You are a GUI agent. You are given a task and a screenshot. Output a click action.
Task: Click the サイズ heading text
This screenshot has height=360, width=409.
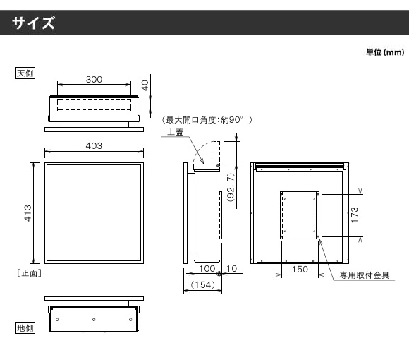[33, 23]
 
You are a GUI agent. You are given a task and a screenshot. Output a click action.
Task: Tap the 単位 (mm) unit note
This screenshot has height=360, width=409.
[385, 52]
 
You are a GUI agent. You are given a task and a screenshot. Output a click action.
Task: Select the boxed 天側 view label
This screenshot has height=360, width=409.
[25, 73]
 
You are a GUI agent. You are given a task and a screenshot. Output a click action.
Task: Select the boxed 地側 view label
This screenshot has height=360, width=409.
[25, 328]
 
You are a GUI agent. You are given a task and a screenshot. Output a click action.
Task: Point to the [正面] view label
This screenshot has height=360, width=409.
[29, 273]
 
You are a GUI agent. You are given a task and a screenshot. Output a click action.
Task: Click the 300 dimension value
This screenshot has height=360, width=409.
[94, 79]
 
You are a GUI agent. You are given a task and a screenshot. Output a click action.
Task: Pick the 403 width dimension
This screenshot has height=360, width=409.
[94, 145]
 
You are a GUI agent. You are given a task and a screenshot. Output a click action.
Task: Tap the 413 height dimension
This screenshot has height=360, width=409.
[28, 213]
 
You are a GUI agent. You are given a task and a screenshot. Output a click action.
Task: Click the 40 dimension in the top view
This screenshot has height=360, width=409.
[145, 85]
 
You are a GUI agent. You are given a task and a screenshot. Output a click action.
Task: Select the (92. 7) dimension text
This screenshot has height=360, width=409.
[231, 187]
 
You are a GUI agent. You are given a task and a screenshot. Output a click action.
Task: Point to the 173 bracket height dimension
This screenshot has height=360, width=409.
[355, 215]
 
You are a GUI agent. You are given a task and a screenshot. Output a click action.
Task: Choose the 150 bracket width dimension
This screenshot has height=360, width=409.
[300, 269]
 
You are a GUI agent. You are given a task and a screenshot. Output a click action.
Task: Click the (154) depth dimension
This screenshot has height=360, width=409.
[202, 284]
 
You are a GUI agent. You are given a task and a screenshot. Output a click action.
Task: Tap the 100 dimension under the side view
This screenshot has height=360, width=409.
[207, 268]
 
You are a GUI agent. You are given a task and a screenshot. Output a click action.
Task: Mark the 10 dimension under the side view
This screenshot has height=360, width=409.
[231, 268]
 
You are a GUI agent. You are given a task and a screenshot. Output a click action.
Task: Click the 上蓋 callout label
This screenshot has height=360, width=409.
[175, 132]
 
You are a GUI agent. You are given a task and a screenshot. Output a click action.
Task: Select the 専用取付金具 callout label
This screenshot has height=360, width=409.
[365, 275]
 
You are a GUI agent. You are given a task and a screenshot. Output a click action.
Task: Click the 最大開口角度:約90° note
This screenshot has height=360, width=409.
[204, 120]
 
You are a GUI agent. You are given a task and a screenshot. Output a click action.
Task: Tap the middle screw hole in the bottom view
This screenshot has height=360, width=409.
[94, 320]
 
